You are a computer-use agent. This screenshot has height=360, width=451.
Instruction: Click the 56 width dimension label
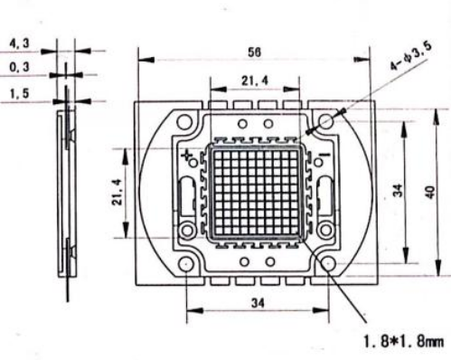coord(255,52)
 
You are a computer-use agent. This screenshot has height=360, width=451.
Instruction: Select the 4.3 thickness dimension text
coord(20,43)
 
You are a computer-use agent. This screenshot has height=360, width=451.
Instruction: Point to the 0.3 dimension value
coord(20,67)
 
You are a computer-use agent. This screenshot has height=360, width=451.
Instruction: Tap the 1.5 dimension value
coord(20,93)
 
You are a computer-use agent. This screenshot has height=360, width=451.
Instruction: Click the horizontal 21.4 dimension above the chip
coord(255,81)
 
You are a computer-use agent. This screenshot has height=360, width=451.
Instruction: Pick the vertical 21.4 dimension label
coord(117,192)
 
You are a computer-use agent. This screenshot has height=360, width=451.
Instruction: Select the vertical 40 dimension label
coord(430,192)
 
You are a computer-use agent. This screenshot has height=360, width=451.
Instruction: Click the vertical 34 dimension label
coord(399,190)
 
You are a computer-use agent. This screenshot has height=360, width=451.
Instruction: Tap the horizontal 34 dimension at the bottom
coord(258,303)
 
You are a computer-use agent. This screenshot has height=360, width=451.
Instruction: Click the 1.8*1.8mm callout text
coord(404,342)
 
